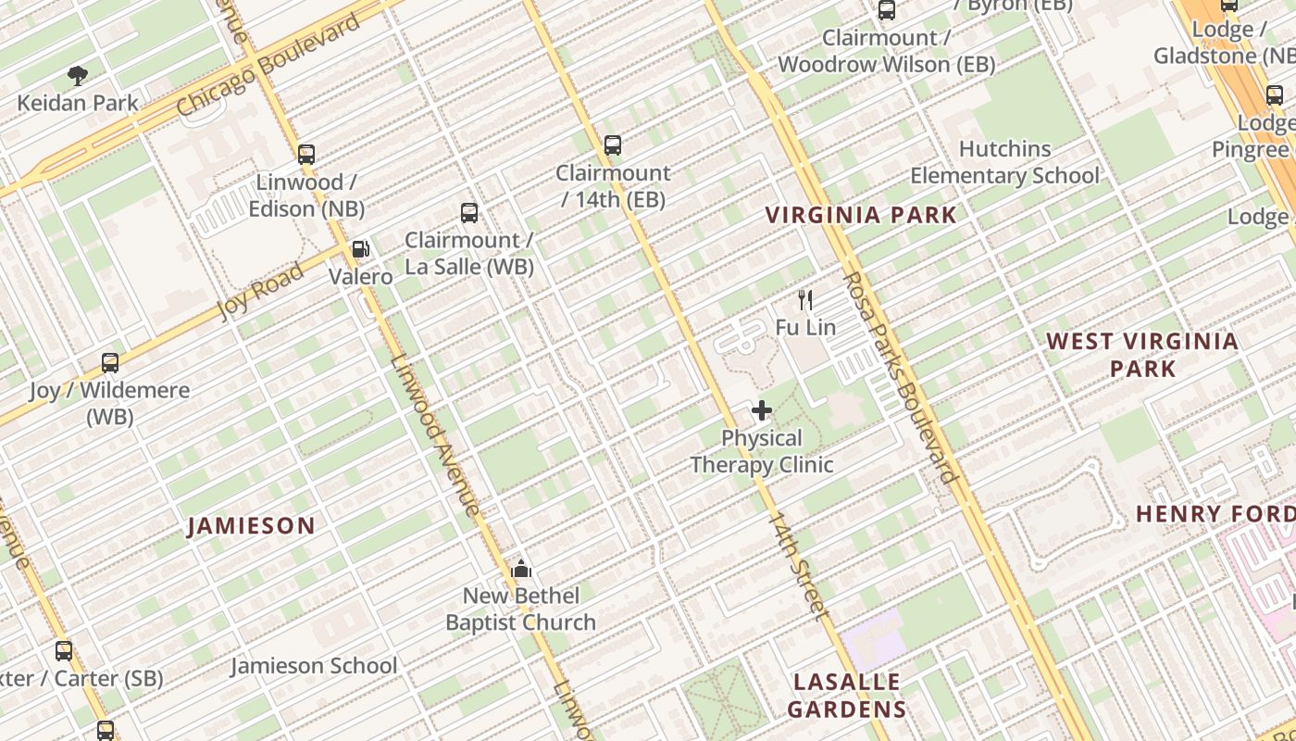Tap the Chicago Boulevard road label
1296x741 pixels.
(268, 66)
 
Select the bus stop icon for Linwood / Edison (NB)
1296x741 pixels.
(306, 155)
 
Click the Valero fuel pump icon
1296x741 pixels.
(360, 249)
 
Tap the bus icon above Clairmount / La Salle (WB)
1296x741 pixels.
(469, 213)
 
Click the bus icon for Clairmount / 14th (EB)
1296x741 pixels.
(613, 145)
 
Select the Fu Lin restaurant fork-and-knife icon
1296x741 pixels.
(805, 300)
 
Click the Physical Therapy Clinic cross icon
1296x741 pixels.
(762, 410)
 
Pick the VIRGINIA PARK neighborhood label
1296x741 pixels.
(861, 215)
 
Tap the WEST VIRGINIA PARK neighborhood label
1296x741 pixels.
(1142, 355)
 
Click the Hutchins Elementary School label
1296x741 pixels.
(1004, 162)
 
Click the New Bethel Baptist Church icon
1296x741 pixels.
(521, 569)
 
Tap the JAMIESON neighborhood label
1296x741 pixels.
(251, 526)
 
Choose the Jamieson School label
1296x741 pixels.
(314, 665)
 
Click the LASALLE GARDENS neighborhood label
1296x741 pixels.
(847, 696)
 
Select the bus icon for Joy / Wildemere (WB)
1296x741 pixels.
(110, 363)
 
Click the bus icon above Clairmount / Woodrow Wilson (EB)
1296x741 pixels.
(887, 10)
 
